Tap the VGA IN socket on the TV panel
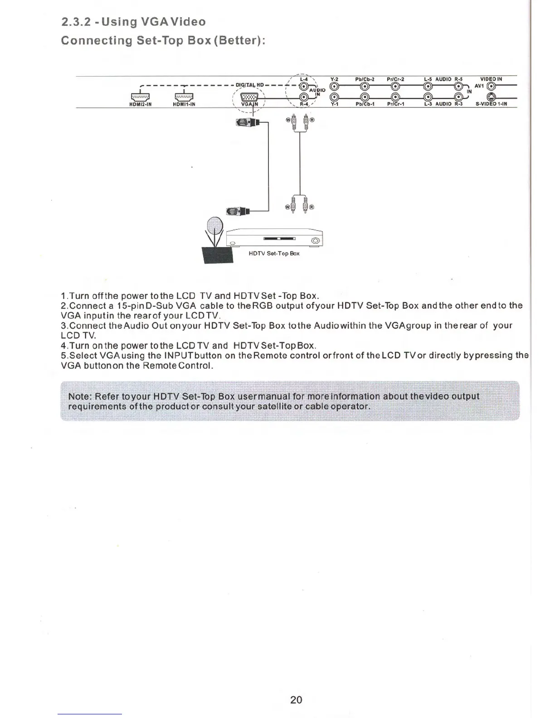[x=249, y=97]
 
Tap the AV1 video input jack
[x=490, y=86]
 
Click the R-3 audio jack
[x=458, y=97]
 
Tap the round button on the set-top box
[x=316, y=240]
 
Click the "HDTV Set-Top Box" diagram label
[x=274, y=253]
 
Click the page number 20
[x=296, y=699]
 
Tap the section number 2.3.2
[x=76, y=22]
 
